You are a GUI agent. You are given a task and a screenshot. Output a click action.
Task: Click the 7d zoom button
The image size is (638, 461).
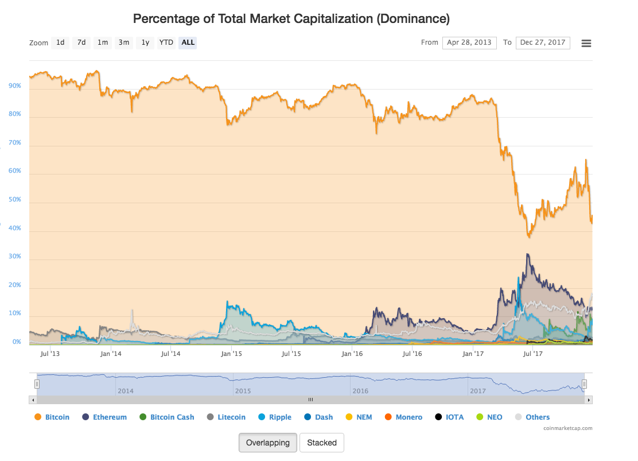[x=81, y=42]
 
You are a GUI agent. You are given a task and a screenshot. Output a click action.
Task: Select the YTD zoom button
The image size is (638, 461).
[x=166, y=42]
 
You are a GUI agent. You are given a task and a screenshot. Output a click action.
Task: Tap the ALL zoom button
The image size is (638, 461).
[x=188, y=42]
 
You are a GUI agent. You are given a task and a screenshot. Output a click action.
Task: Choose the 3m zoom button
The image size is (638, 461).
[x=124, y=42]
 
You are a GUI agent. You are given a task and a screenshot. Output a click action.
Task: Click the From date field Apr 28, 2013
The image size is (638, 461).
[x=469, y=42]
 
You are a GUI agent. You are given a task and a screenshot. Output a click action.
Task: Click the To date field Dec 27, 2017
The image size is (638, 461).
[x=543, y=42]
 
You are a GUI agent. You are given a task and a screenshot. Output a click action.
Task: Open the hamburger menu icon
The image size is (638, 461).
[x=586, y=43]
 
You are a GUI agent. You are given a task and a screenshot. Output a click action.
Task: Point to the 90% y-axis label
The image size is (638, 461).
[x=15, y=86]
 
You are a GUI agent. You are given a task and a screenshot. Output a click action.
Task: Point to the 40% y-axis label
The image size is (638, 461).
[x=15, y=228]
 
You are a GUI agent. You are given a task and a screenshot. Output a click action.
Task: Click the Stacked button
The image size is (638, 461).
[x=322, y=443]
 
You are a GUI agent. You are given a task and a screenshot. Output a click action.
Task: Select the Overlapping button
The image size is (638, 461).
[x=268, y=443]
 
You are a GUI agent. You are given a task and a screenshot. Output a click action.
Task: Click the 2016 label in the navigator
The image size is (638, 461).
[x=360, y=391]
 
